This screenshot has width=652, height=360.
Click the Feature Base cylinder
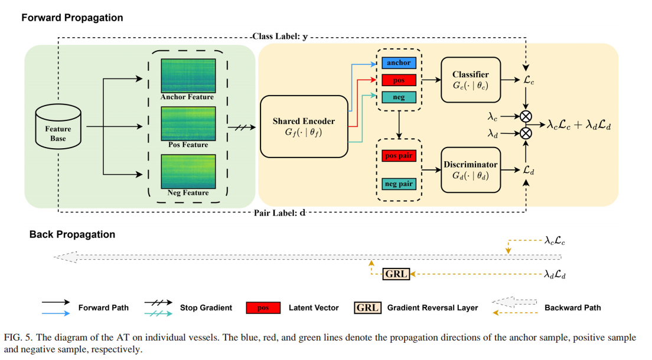pos(58,126)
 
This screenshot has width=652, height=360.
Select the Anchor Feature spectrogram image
pos(188,76)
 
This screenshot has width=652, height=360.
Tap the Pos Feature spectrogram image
pos(188,123)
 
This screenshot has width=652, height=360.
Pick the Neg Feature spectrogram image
pos(188,171)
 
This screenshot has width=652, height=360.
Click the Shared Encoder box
pos(304,126)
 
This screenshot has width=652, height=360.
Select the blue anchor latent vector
pos(399,63)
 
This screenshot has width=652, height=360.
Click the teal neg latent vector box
pos(399,97)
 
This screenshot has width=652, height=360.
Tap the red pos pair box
pos(399,156)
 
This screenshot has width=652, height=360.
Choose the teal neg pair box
pos(399,184)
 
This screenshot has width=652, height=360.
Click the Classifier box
pos(471,80)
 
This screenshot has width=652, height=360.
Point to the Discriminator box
pos(471,169)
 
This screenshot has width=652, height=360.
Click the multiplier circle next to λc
pos(526,116)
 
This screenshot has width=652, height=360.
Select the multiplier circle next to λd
pos(526,133)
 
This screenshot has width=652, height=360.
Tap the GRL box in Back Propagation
pos(396,274)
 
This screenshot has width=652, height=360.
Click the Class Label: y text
pos(281,37)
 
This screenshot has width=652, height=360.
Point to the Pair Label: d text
pos(280,213)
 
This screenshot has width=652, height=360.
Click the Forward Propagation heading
pos(73,18)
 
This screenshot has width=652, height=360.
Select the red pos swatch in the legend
pos(263,307)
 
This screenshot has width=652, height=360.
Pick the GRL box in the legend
pos(367,307)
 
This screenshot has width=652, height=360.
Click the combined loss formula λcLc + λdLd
pos(579,125)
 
